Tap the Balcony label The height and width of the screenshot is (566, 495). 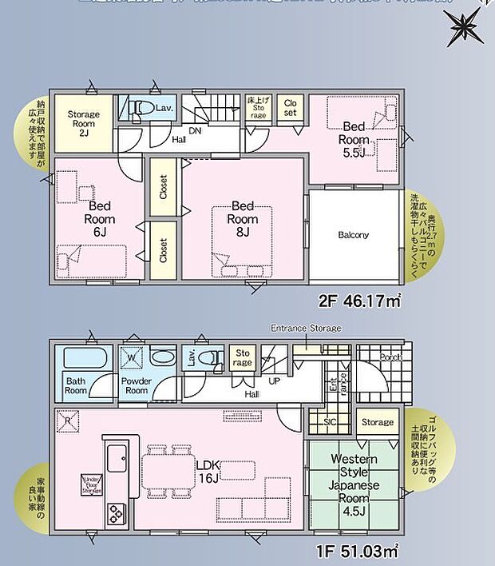(353, 235)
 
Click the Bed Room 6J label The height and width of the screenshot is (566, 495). (100, 219)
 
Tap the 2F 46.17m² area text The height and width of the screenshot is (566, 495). (359, 302)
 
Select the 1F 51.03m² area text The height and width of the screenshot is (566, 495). (359, 550)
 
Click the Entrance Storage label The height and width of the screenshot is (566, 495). (306, 328)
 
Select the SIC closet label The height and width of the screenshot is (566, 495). (330, 422)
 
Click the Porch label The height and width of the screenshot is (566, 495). (390, 357)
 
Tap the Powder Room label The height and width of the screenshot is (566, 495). (137, 386)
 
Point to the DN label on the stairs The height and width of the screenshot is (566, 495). (195, 132)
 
